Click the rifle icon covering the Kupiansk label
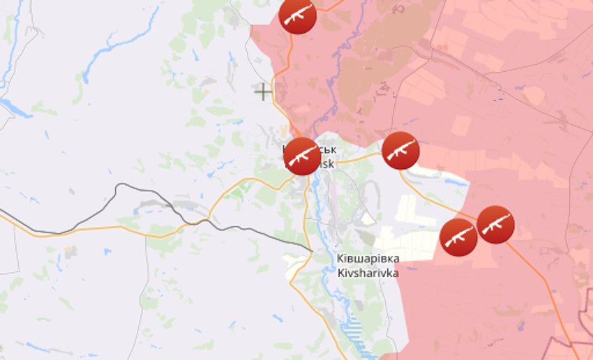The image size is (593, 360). pos(301,156)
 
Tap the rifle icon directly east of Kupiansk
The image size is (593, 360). pos(400,150)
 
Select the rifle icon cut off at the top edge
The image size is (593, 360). pos(297,14)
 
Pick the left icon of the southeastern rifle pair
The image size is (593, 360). pos(459,237)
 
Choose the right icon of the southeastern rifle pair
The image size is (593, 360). pos(496,225)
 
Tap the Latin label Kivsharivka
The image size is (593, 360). pos(367,273)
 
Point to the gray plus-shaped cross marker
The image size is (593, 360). pos(262,91)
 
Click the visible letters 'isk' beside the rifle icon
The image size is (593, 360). pos(327,164)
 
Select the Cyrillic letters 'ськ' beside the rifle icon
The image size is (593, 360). pos(328,150)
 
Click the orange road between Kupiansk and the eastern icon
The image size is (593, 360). pos(359,156)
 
